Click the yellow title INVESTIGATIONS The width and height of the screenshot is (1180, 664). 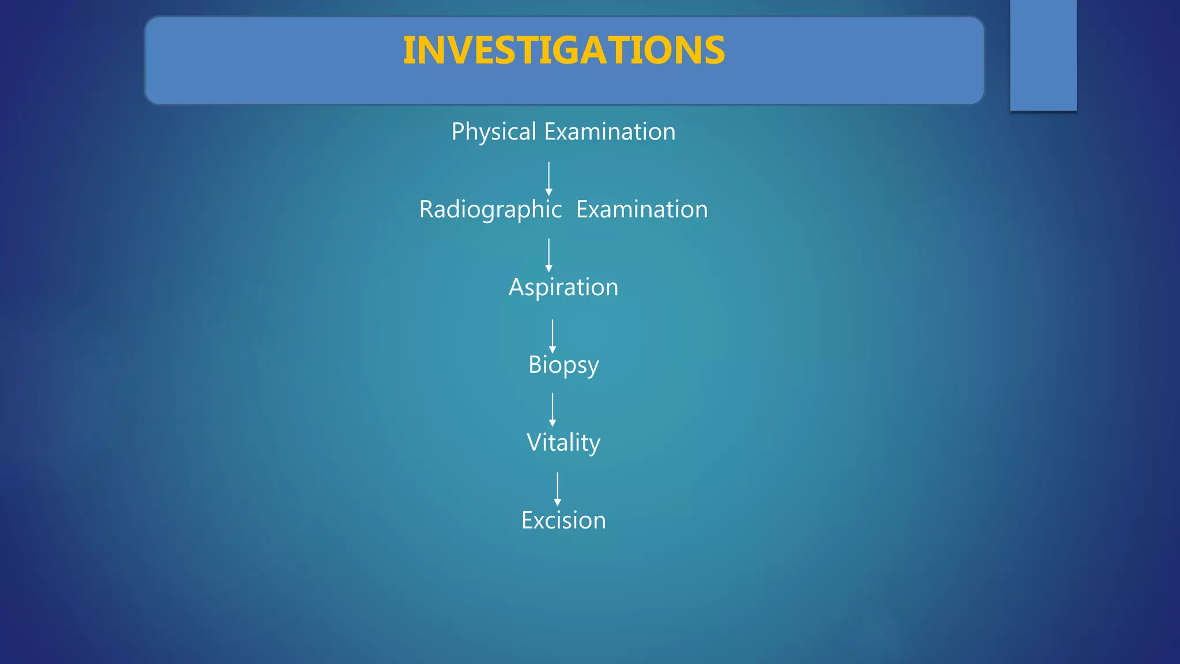[563, 51]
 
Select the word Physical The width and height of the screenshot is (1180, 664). [494, 132]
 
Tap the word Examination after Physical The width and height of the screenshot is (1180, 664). [610, 132]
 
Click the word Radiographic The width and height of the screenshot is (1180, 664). [490, 210]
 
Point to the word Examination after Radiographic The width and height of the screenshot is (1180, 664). [642, 210]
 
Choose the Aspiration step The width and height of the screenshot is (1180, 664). [563, 288]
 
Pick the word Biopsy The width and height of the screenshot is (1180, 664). [563, 365]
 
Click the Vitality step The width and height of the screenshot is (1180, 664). [563, 443]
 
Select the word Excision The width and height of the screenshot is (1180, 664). [563, 520]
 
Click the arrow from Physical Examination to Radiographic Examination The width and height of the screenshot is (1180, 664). [549, 179]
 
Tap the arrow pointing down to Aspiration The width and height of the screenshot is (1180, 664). [549, 255]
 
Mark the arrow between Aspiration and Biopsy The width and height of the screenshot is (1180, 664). [553, 337]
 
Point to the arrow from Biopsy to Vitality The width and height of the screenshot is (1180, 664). [553, 410]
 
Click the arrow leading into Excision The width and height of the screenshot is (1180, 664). [557, 489]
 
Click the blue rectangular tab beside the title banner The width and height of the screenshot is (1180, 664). [1043, 55]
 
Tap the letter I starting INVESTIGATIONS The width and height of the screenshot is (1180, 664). [409, 51]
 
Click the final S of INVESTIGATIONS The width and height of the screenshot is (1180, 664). [714, 51]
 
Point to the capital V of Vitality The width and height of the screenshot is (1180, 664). [534, 443]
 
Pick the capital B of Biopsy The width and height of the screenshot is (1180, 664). [535, 365]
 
